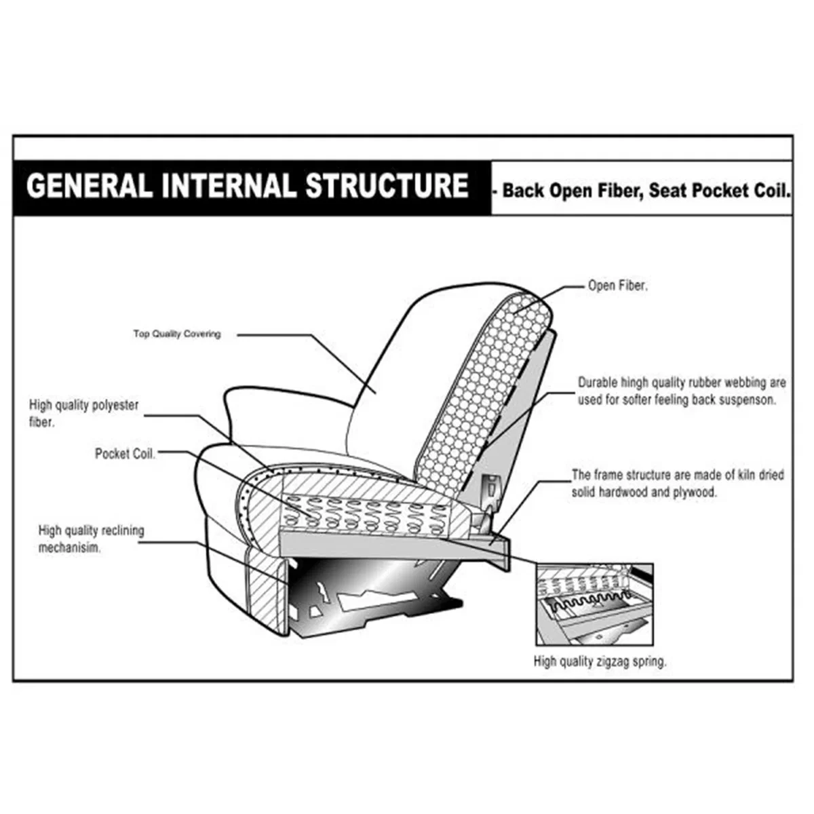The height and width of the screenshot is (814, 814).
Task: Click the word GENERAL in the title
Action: point(89,186)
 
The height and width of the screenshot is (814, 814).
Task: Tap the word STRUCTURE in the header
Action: point(387,186)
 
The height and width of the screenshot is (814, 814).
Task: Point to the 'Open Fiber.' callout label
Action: point(618,286)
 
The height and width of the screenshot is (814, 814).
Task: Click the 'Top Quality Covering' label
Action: point(177,334)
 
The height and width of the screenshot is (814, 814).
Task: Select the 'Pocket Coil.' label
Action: point(125,454)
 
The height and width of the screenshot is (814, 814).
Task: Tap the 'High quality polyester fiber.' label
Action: point(83,414)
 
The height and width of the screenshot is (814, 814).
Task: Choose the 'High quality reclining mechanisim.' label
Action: point(92,539)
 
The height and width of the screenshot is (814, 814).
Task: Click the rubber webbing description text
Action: point(682,391)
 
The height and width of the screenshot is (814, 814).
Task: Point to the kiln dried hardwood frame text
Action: point(678,483)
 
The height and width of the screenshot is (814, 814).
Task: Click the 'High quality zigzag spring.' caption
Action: point(600,661)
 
